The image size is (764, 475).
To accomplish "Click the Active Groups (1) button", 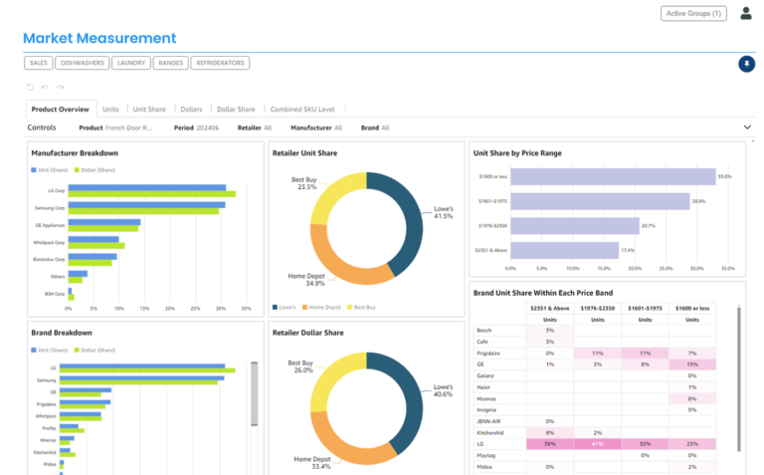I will tap(693, 13).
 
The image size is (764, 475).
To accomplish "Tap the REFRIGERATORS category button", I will tap(220, 63).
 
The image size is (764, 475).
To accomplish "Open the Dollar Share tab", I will tap(236, 110).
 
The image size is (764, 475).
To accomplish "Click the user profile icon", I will tap(746, 13).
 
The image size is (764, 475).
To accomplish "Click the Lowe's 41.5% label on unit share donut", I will tap(443, 211).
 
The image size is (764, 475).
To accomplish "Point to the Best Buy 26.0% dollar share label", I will tap(303, 365).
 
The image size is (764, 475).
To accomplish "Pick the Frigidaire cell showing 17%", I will tap(645, 353).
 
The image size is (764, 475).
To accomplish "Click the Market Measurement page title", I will tap(99, 39).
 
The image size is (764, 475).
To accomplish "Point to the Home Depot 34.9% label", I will tap(307, 280).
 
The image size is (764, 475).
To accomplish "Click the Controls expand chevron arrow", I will tap(747, 127).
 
